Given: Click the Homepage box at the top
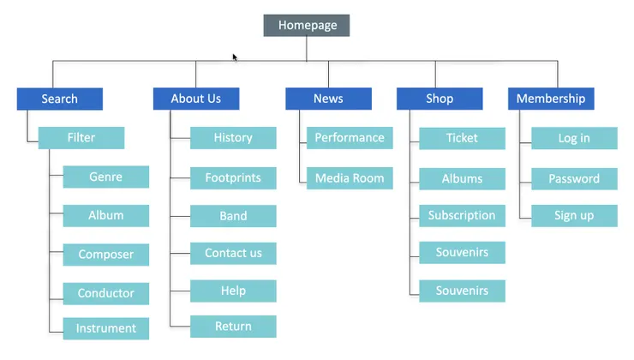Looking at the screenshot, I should tap(307, 26).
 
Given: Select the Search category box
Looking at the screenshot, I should tap(60, 99).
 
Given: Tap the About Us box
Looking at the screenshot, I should tap(196, 99).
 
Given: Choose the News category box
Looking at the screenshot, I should tap(328, 99).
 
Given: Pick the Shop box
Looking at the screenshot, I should tap(440, 99).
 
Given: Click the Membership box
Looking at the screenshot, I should tap(551, 99).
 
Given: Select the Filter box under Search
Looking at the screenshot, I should tap(81, 137).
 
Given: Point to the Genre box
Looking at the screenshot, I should tap(106, 177).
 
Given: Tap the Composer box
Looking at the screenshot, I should tap(106, 255).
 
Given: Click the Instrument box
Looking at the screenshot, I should tap(106, 328).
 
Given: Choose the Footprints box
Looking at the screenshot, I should tap(233, 178).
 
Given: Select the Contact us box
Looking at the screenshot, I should tap(233, 253).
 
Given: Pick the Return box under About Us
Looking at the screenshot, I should tap(233, 327).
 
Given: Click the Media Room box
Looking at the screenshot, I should tap(350, 178).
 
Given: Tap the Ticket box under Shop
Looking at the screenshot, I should tap(462, 138).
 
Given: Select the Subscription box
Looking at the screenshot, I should tap(462, 216).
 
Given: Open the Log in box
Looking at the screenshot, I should tap(574, 138).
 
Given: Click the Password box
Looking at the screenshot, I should tap(574, 179).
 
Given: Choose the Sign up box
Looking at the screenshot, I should tap(574, 216).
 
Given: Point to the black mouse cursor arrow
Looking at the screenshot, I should tap(235, 57).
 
